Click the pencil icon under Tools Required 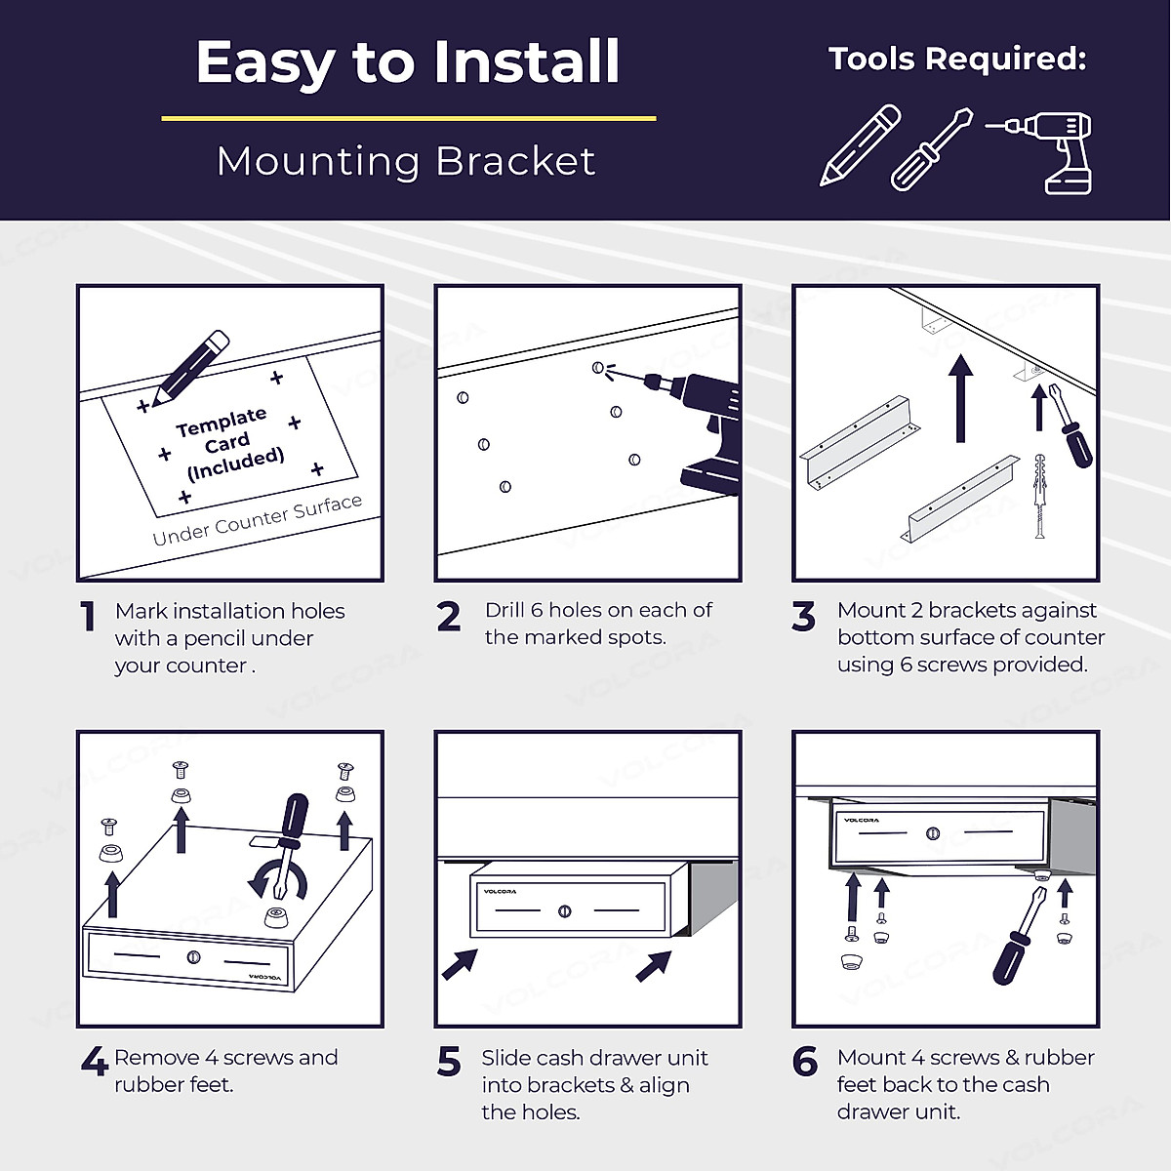(x=860, y=144)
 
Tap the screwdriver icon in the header (x=931, y=149)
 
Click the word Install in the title (x=526, y=61)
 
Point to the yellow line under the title (x=408, y=118)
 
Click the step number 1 (x=88, y=616)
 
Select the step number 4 (x=95, y=1062)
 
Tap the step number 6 (x=804, y=1062)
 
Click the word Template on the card (x=222, y=423)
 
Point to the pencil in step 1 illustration (x=189, y=368)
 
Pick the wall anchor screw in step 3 (x=1040, y=496)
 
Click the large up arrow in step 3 (x=960, y=399)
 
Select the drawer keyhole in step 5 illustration (x=565, y=910)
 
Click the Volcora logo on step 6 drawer (x=861, y=820)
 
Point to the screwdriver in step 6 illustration (x=1019, y=936)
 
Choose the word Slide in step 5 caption (x=506, y=1058)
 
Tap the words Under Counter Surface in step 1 (x=257, y=520)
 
